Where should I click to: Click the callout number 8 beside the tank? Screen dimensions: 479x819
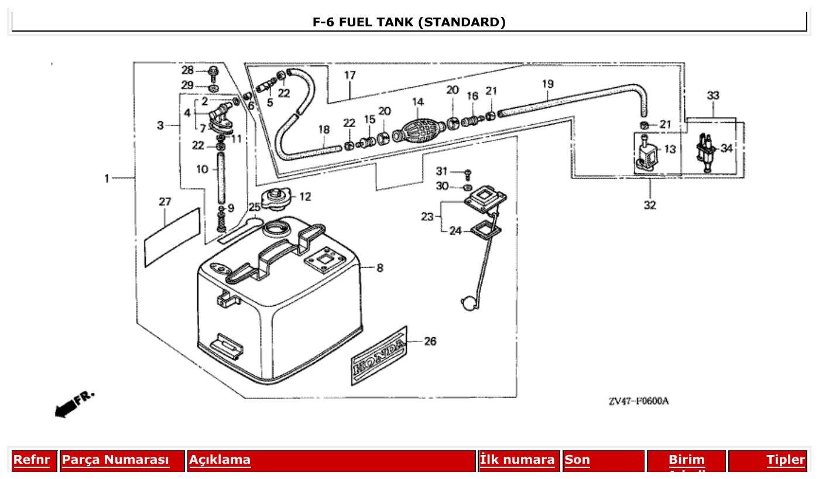(380, 268)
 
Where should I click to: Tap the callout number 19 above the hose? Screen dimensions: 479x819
(547, 84)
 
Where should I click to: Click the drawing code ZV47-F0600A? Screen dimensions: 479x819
(638, 401)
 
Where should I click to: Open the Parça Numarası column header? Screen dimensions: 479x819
(115, 460)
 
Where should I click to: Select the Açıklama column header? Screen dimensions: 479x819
(220, 460)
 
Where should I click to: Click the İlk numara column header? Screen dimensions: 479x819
(518, 460)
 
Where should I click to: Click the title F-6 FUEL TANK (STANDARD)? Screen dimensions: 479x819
(409, 22)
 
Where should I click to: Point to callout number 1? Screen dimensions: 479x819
(107, 178)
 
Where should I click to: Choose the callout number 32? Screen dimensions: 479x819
(650, 205)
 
